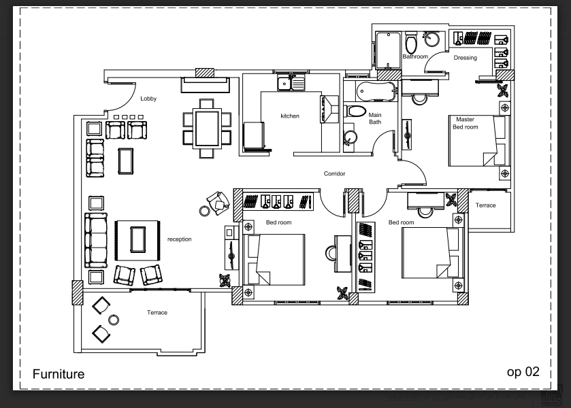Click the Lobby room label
tap(148, 99)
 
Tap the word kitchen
tap(290, 116)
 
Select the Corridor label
tap(334, 173)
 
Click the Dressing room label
tap(465, 58)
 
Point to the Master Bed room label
tap(466, 123)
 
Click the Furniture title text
tap(59, 374)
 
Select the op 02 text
tap(523, 372)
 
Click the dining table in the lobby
tap(207, 128)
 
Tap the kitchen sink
tap(291, 84)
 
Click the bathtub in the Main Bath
tap(376, 91)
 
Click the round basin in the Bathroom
tap(432, 39)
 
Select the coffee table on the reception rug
tap(138, 239)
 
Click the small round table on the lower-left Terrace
tap(114, 320)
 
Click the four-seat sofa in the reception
tap(96, 241)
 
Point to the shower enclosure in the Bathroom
tap(388, 50)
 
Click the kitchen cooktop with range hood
tap(329, 109)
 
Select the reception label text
tap(179, 239)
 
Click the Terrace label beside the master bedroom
tap(485, 205)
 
